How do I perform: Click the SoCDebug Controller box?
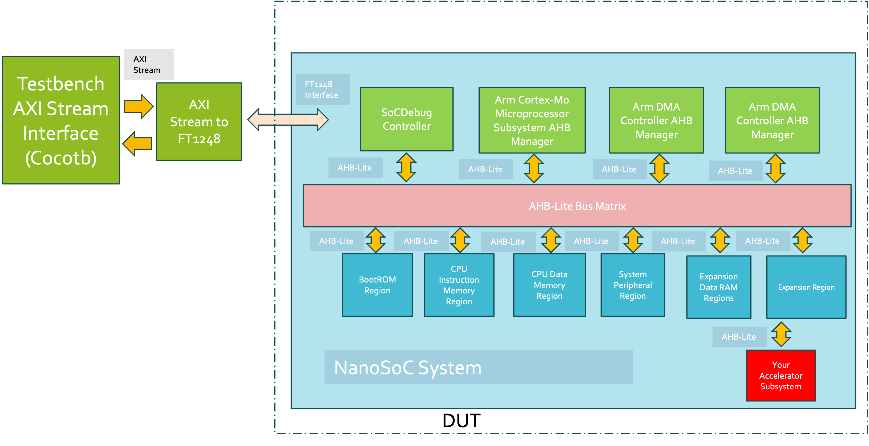pos(406,119)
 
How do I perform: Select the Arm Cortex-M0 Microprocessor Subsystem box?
pos(532,120)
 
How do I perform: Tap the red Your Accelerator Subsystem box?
pos(781,376)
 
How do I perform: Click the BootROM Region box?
pos(377,285)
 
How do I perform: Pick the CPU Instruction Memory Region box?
pos(459,285)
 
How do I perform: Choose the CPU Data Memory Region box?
pos(549,285)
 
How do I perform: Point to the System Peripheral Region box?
pos(633,285)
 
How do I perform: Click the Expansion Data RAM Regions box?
pos(719,287)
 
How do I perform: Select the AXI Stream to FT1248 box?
pos(199,121)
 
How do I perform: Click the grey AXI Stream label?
pos(149,65)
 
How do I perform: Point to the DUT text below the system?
pos(461,421)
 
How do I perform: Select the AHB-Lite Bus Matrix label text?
pos(577,206)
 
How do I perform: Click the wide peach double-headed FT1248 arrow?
pos(288,120)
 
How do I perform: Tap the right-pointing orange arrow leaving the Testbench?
pos(139,106)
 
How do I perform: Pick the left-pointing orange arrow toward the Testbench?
pos(137,144)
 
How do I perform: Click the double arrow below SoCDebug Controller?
pos(406,167)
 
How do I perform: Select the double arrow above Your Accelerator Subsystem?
pos(781,334)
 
